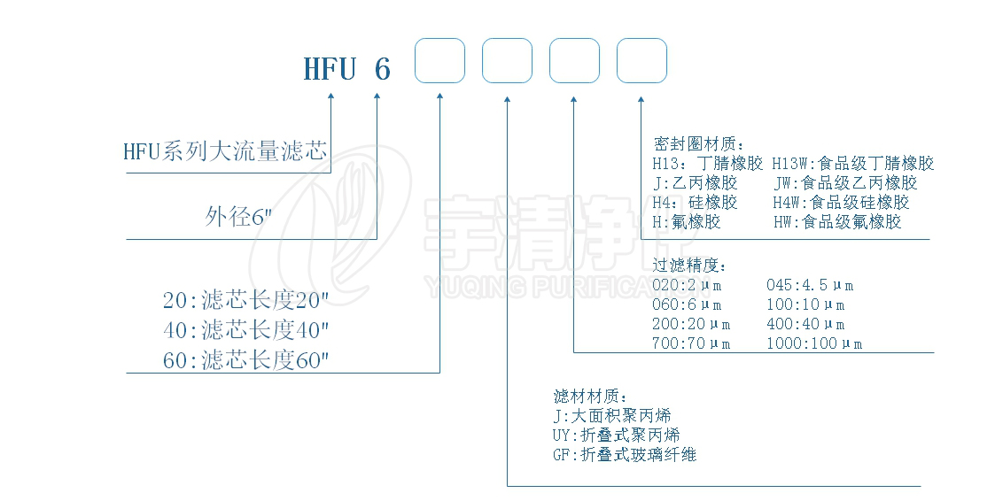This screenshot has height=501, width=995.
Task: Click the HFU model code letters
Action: (x=330, y=68)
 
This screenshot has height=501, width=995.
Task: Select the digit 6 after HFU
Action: (x=382, y=68)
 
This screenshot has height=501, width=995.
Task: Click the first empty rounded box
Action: (x=440, y=61)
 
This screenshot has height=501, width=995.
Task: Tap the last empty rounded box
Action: (x=641, y=61)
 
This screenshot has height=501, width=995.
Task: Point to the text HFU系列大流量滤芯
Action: (x=226, y=152)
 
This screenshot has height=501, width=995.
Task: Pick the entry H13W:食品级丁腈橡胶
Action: (x=853, y=163)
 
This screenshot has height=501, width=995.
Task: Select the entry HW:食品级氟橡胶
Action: (x=837, y=221)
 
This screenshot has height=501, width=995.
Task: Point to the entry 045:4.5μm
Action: (x=810, y=285)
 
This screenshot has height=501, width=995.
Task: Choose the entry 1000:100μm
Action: (x=814, y=343)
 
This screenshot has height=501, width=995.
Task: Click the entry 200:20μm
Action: (x=692, y=324)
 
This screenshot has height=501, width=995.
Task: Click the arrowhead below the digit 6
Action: (x=377, y=97)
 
